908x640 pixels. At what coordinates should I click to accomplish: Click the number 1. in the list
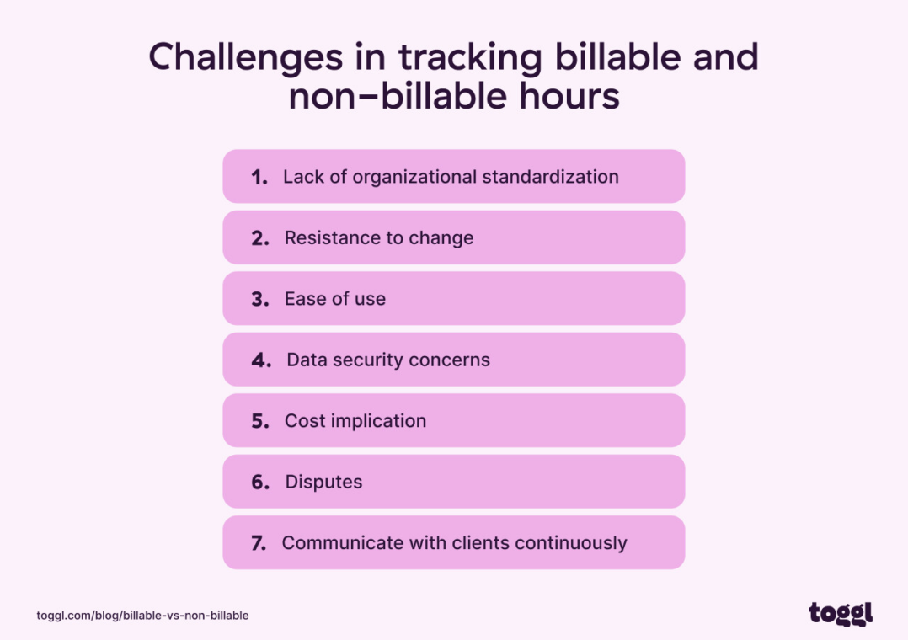(x=259, y=177)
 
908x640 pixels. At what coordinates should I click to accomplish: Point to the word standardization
(x=550, y=177)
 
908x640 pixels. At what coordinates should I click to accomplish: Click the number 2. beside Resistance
(x=260, y=238)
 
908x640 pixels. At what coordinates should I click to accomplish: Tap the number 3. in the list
(x=260, y=299)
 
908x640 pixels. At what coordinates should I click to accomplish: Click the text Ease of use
(x=334, y=299)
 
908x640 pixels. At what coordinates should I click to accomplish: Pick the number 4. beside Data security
(x=261, y=360)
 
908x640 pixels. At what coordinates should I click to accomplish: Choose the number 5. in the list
(x=260, y=421)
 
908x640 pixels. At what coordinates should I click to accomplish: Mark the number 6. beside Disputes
(x=260, y=483)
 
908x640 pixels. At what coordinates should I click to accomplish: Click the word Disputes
(x=323, y=483)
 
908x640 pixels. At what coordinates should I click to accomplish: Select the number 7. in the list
(x=259, y=543)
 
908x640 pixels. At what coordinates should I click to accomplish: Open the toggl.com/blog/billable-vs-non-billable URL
(x=142, y=616)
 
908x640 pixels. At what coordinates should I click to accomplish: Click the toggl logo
(x=840, y=613)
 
